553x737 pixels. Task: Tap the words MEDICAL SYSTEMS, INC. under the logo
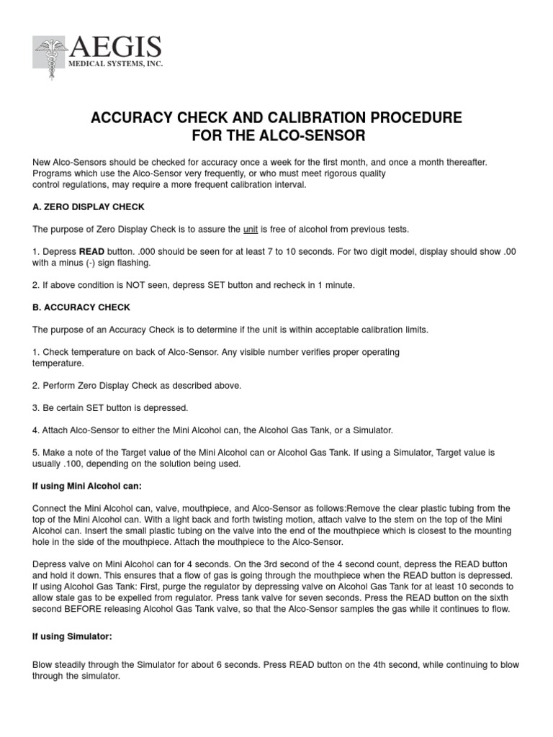[116, 65]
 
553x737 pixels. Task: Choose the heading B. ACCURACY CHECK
[81, 307]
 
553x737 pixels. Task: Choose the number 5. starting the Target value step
[37, 453]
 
